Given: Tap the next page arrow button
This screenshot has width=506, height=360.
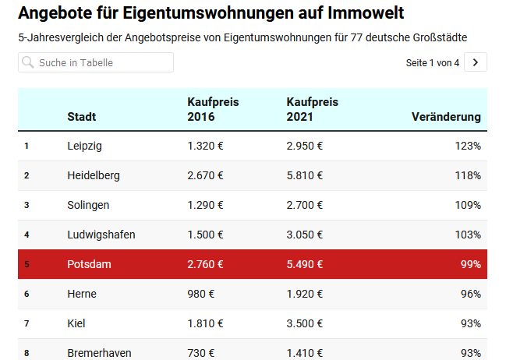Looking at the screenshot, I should tap(476, 62).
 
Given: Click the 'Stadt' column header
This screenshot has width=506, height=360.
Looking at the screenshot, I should tap(82, 117).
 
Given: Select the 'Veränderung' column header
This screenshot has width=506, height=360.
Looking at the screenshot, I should tap(446, 117).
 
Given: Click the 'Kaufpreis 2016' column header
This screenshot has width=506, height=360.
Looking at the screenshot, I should tap(213, 110).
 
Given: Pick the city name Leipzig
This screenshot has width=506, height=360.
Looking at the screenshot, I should tap(84, 146).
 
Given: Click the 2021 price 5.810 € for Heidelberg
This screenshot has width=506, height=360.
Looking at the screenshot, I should tap(305, 175).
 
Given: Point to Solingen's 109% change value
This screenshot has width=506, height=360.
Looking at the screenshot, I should tap(468, 205).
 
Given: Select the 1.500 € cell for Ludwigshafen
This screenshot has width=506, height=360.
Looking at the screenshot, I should tap(205, 235).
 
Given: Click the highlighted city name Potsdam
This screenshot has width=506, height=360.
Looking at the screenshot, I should tap(89, 264).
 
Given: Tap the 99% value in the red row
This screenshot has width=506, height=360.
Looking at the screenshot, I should tap(471, 264).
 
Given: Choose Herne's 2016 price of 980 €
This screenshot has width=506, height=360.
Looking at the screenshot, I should tap(201, 294).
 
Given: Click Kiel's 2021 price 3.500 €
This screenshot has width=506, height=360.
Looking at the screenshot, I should tap(305, 323).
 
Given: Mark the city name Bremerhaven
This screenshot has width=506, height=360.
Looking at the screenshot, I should tap(99, 353).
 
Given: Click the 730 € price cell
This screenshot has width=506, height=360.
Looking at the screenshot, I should tap(201, 353).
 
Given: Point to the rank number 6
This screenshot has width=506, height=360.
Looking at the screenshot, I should tap(27, 294).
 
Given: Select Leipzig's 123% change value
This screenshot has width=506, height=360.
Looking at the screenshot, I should tap(468, 146).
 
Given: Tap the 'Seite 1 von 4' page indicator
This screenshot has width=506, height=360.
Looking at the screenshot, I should tap(433, 62).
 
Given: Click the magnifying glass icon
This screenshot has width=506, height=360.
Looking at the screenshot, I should tap(29, 62).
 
